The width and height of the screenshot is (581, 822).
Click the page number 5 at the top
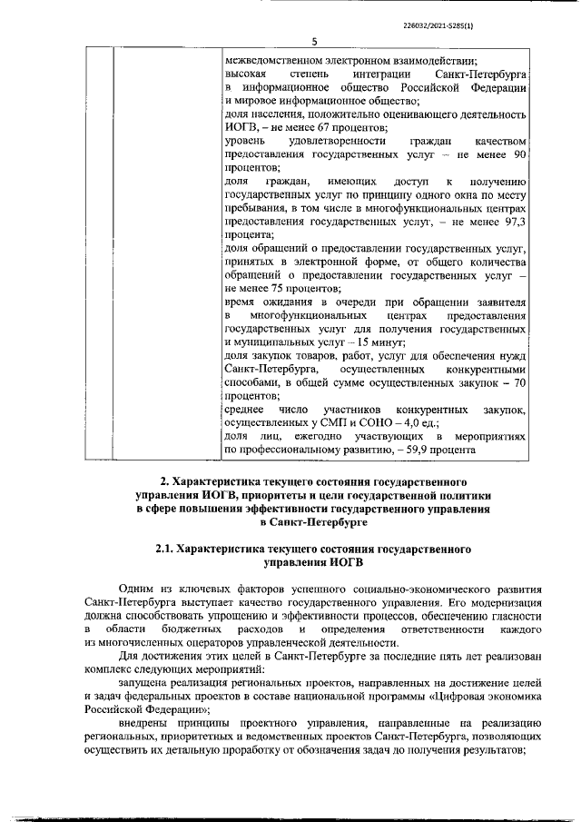[314, 41]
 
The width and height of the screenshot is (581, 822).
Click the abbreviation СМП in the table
[324, 422]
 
